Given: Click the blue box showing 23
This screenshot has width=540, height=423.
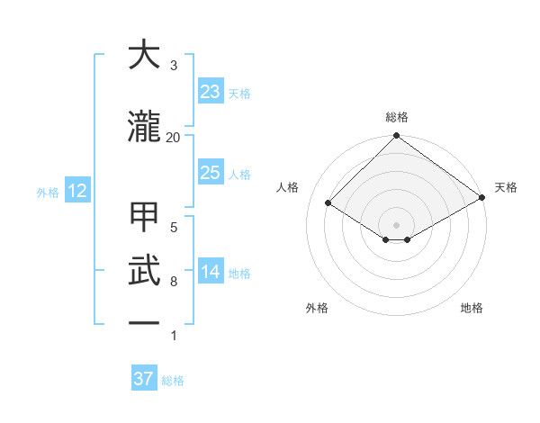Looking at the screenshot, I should (x=211, y=92).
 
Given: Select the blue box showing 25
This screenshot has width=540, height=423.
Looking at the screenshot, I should (x=211, y=173).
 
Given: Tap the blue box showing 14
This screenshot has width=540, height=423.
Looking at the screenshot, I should (x=211, y=272).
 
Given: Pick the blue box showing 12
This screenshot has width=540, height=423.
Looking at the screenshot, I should (x=76, y=191).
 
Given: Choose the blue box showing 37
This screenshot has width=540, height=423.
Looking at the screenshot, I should (x=144, y=379).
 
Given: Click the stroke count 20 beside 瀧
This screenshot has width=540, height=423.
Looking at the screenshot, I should (x=174, y=137).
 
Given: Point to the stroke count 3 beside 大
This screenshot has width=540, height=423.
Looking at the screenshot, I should (x=174, y=66).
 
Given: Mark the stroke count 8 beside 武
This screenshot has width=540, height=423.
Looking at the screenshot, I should (x=174, y=282).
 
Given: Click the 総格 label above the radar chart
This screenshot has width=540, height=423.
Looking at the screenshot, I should (x=397, y=117).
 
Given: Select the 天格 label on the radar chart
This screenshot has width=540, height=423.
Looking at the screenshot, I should (x=506, y=187).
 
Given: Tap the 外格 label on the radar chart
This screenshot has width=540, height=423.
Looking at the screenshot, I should (x=317, y=308).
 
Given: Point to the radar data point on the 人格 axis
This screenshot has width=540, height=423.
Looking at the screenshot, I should (x=328, y=203).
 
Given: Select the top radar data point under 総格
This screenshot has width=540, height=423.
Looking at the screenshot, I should (x=397, y=137).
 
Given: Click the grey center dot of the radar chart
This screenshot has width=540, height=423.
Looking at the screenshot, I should (x=397, y=223).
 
